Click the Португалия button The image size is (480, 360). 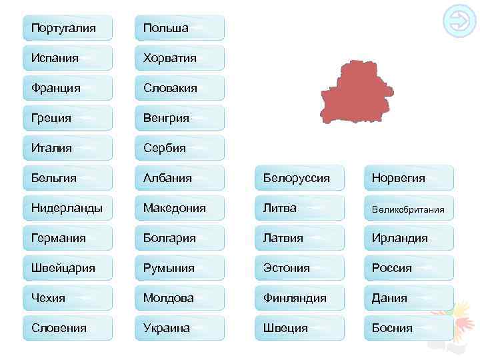click(x=67, y=28)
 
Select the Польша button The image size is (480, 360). click(x=179, y=28)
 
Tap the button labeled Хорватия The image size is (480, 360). click(x=179, y=58)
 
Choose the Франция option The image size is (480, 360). click(x=67, y=88)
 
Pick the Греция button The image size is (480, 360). click(x=67, y=118)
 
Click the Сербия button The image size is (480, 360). click(x=179, y=148)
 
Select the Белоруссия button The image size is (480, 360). click(x=299, y=178)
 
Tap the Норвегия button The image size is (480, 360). click(x=408, y=178)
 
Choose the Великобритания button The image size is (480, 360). click(x=408, y=209)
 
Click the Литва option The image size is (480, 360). click(x=299, y=208)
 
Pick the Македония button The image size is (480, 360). click(x=179, y=208)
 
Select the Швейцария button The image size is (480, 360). click(x=67, y=268)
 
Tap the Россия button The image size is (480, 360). click(x=408, y=268)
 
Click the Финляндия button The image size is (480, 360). click(x=299, y=298)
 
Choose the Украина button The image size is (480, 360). click(x=179, y=328)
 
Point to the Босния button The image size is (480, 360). click(x=408, y=328)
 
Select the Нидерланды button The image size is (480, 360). click(x=67, y=208)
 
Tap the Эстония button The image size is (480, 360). click(x=299, y=268)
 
